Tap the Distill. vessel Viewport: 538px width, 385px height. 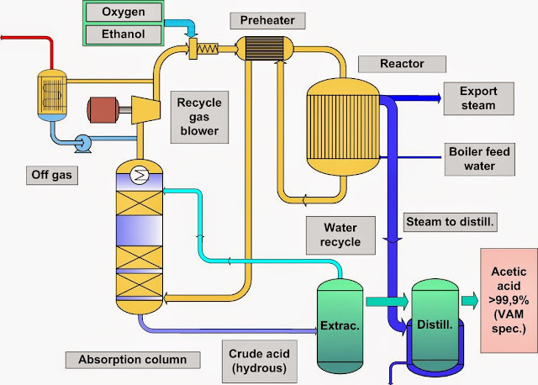coord(435,323)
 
